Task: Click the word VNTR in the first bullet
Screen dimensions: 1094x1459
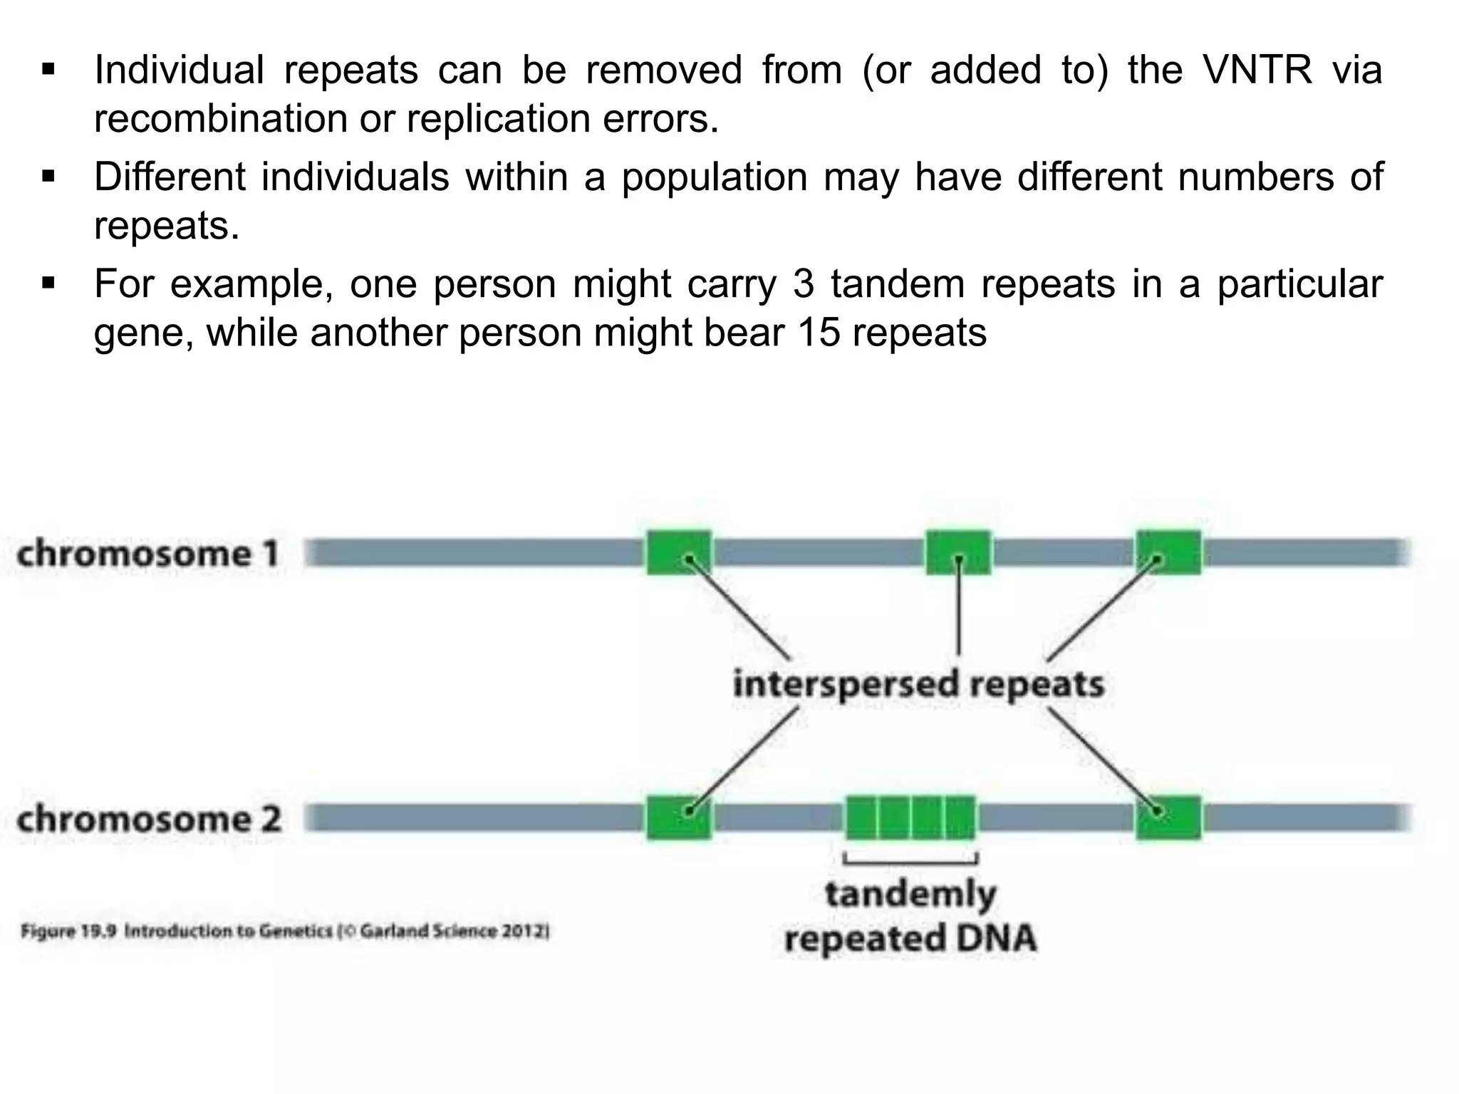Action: (1257, 70)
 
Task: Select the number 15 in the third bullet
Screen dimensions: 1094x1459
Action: (818, 333)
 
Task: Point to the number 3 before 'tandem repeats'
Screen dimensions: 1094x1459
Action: (803, 283)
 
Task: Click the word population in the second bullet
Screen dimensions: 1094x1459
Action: (715, 177)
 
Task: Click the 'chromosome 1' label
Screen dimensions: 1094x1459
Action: (147, 553)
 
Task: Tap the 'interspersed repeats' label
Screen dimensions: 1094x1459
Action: (918, 684)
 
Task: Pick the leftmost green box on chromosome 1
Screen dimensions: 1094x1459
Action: (679, 553)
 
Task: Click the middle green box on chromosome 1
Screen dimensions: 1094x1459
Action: (958, 553)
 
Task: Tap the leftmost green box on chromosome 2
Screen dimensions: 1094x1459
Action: (679, 818)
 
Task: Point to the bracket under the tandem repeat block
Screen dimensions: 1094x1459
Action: (910, 861)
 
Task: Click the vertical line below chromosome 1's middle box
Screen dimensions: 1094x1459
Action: (958, 613)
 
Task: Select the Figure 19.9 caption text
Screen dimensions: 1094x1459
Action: (285, 931)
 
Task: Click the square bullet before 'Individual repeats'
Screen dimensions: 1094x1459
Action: (48, 71)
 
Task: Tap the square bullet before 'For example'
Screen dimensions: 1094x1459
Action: (48, 284)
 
